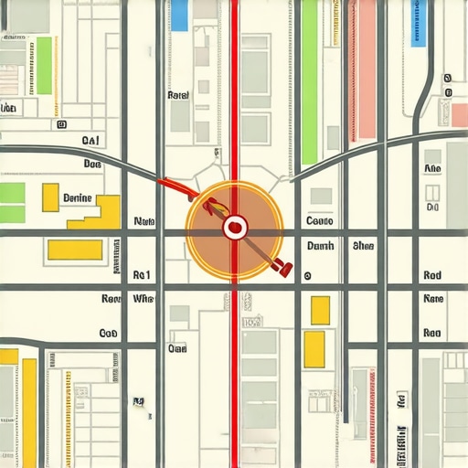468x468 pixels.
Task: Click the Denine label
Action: pos(77,197)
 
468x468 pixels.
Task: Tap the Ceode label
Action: pos(320,221)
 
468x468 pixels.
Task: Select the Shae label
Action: pos(364,246)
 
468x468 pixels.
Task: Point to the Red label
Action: pos(433,275)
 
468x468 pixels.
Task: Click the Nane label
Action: pos(433,299)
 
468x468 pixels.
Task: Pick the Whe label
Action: pos(144,299)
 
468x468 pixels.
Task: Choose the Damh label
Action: pos(320,246)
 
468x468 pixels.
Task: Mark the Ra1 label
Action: pos(141,274)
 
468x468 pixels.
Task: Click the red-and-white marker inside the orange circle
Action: pos(234,225)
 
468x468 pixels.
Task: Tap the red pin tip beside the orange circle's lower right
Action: pos(287,269)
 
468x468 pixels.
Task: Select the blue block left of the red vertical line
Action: pos(179,16)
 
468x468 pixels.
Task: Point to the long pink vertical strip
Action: pos(367,69)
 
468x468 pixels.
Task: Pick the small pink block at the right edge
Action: pos(446,114)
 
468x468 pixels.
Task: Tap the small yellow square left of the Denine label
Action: pos(50,197)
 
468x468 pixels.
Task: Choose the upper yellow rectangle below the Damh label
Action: pos(320,310)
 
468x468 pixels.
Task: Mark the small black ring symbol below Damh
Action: pos(307,275)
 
